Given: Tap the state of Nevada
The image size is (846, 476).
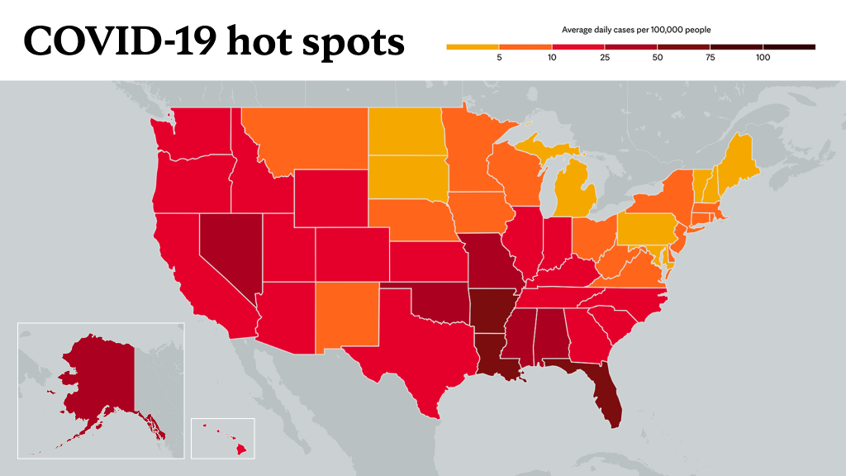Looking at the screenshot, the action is click(230, 248).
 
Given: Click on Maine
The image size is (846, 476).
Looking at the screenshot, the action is click(736, 162).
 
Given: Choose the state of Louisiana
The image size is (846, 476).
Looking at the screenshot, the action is click(494, 357).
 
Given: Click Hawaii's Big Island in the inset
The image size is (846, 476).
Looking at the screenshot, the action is click(241, 449).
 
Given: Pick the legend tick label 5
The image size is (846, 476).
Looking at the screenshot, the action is click(499, 58).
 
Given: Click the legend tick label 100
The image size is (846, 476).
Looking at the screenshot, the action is click(763, 58).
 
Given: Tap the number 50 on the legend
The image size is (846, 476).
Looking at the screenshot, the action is click(657, 58).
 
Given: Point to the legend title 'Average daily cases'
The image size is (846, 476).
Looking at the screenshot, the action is click(598, 30).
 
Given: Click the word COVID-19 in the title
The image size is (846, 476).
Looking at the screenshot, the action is click(121, 41).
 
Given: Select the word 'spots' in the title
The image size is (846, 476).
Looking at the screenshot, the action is click(353, 43).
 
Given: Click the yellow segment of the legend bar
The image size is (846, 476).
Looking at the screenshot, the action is click(473, 47).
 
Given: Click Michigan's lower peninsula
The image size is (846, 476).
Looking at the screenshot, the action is click(575, 189).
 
